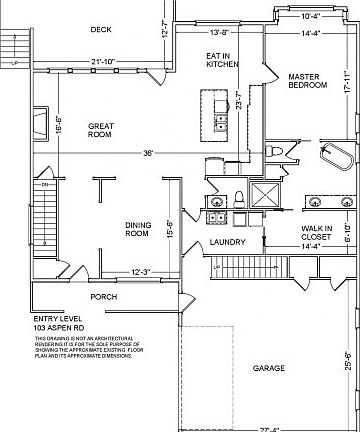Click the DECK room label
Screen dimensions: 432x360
(x=100, y=29)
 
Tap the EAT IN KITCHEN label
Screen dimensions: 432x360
(x=222, y=59)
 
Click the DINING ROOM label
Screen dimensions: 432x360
(x=137, y=230)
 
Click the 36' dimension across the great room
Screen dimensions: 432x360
(x=149, y=153)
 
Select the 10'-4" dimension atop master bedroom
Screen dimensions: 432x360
(x=311, y=16)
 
